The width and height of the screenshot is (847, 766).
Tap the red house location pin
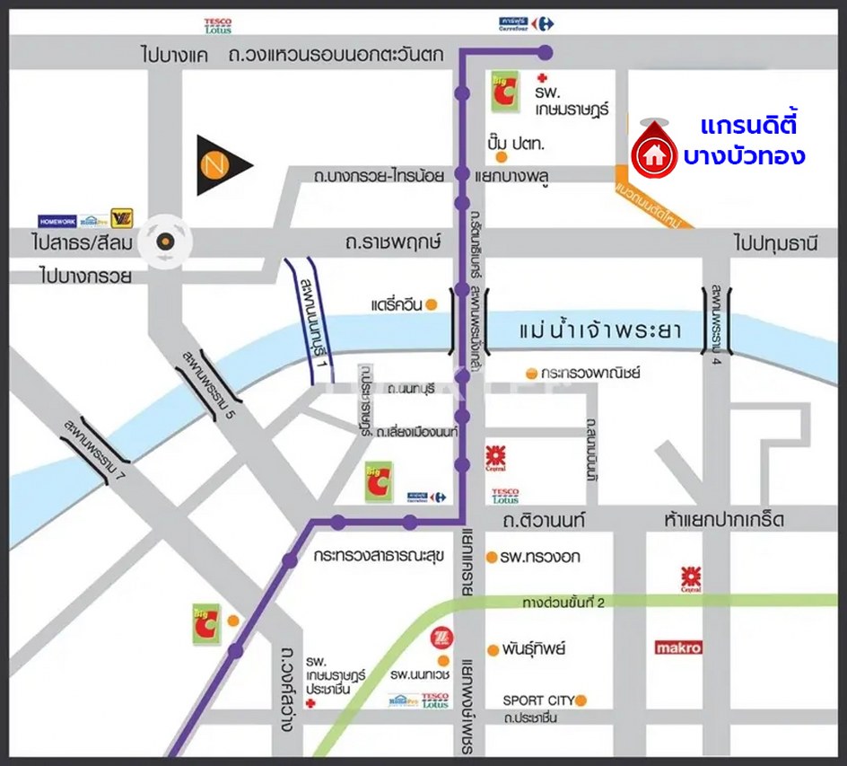point(654,154)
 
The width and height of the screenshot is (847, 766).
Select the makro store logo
point(678,647)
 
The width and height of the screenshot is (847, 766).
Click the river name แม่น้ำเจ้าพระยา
point(601,331)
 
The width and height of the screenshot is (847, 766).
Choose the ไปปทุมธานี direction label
point(776,242)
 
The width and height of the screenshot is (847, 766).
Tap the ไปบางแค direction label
point(174,56)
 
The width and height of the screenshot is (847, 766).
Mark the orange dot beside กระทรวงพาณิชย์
point(531,372)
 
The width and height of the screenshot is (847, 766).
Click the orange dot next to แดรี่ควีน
point(432,304)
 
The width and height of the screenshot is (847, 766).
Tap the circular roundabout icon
point(165,241)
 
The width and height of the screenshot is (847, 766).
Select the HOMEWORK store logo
point(57,220)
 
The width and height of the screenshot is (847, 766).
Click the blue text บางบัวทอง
point(744,155)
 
